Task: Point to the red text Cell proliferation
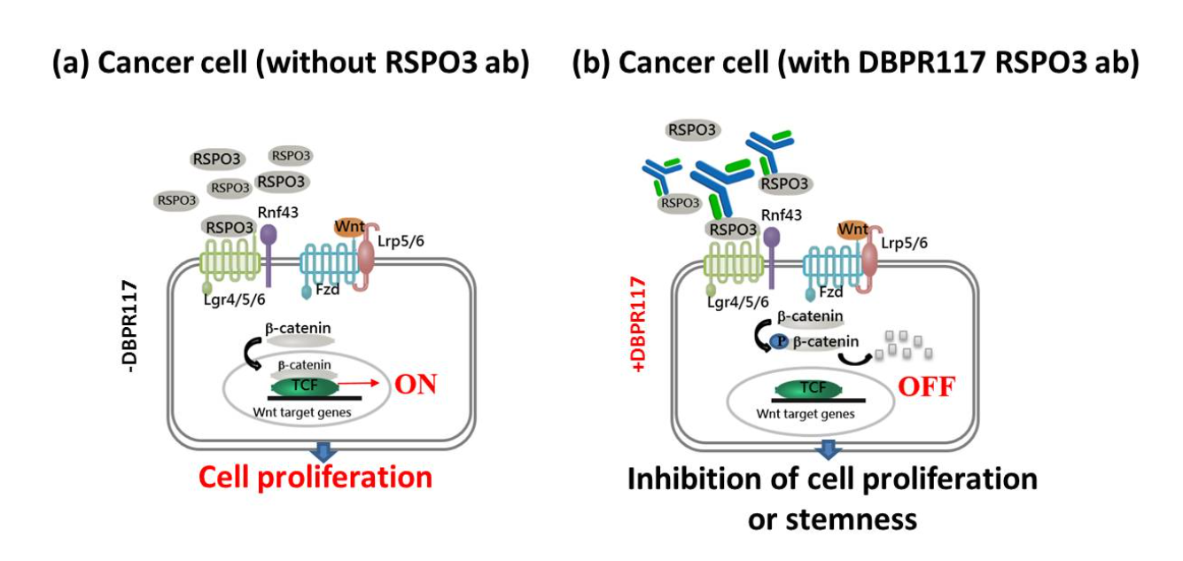click(315, 477)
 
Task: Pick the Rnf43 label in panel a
click(277, 212)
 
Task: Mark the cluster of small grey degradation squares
click(902, 347)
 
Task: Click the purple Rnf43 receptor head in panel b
click(772, 238)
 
